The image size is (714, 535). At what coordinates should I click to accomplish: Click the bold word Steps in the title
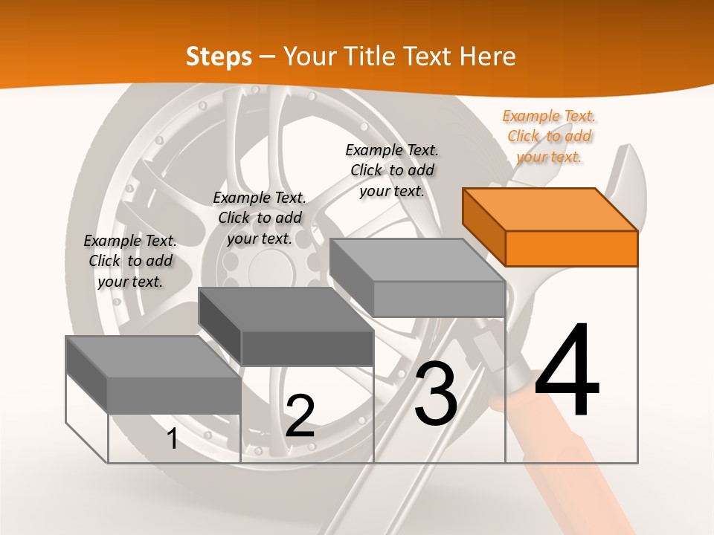(x=218, y=56)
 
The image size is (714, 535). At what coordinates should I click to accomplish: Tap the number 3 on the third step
(x=436, y=394)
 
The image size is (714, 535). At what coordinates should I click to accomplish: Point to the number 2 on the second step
(x=300, y=416)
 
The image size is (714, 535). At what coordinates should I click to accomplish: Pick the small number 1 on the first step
(x=172, y=439)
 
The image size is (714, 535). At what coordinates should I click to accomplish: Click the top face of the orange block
(x=548, y=209)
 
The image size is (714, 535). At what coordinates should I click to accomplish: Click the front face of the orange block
(x=571, y=248)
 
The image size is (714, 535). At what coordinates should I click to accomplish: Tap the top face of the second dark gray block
(x=284, y=308)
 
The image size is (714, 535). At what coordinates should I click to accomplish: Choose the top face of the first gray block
(x=152, y=357)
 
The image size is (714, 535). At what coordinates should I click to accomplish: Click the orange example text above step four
(x=549, y=136)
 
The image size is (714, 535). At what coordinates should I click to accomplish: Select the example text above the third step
(x=392, y=170)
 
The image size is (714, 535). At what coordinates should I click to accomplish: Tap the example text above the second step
(x=260, y=218)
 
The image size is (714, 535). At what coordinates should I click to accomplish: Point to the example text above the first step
(x=130, y=261)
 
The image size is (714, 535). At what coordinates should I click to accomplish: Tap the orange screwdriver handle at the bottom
(x=573, y=476)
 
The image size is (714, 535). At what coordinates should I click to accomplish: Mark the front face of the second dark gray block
(x=307, y=348)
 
